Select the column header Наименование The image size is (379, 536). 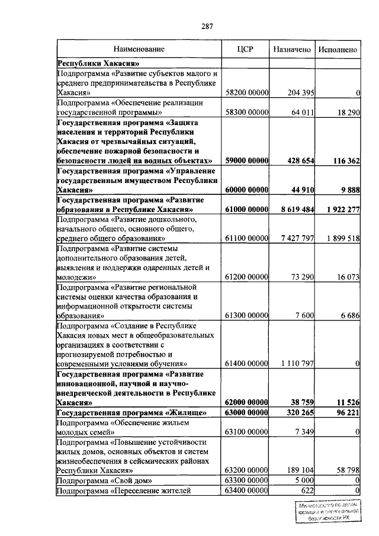(x=139, y=50)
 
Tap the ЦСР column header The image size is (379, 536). (x=245, y=50)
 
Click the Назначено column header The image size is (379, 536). (x=291, y=50)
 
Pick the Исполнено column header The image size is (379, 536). (x=338, y=50)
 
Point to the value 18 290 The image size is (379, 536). (x=346, y=112)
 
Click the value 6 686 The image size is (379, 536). (x=350, y=315)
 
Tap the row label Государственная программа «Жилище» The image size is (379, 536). (x=131, y=412)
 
